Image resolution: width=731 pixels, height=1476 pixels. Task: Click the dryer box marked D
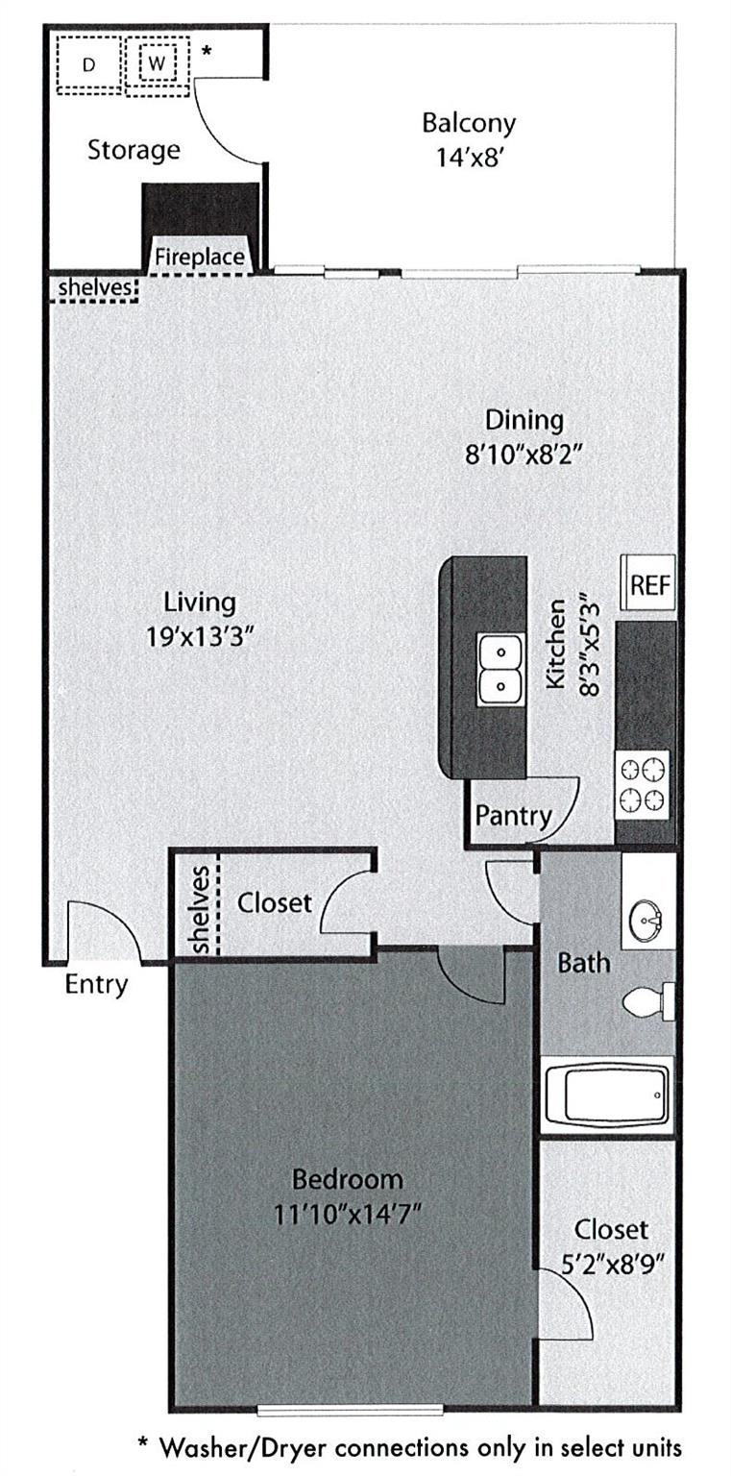(x=89, y=64)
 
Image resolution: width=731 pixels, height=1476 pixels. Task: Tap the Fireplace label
(x=200, y=258)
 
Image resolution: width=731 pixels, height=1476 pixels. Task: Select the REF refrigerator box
(x=649, y=585)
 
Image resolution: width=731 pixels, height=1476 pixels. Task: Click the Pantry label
(x=514, y=816)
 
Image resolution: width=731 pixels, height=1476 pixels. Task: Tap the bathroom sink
(x=649, y=922)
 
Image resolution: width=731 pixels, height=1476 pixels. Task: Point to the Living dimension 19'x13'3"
(x=200, y=635)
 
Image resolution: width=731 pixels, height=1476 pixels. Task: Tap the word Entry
(x=96, y=984)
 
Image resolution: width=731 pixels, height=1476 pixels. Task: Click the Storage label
(x=134, y=150)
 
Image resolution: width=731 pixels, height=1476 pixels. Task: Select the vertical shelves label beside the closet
(x=202, y=909)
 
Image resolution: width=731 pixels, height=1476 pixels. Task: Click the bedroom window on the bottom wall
(x=351, y=1410)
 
